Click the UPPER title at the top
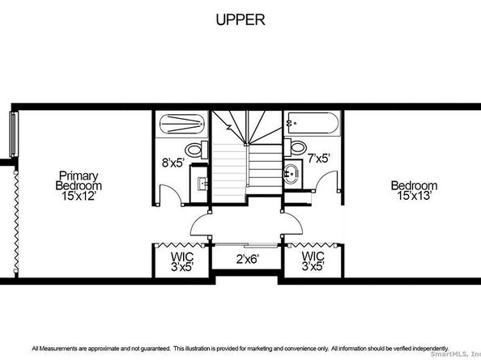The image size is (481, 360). pyautogui.click(x=240, y=19)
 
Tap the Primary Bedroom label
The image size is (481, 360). pyautogui.click(x=79, y=180)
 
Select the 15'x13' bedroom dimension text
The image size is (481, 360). pyautogui.click(x=415, y=196)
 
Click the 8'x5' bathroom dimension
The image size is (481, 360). pyautogui.click(x=172, y=163)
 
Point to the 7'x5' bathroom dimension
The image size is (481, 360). pyautogui.click(x=319, y=159)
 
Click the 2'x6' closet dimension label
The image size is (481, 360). pyautogui.click(x=248, y=260)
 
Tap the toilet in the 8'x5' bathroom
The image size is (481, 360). pyautogui.click(x=197, y=150)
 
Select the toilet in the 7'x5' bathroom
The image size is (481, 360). pyautogui.click(x=296, y=147)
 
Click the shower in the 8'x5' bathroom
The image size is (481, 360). pyautogui.click(x=182, y=124)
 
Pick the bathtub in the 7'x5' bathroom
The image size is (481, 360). pyautogui.click(x=312, y=124)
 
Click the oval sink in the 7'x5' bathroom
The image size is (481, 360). pyautogui.click(x=291, y=174)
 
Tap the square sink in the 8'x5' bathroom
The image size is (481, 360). pyautogui.click(x=203, y=184)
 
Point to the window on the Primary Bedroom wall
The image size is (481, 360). pyautogui.click(x=13, y=134)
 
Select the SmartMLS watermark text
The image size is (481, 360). pyautogui.click(x=455, y=354)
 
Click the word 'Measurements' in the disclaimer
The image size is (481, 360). pyautogui.click(x=58, y=349)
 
